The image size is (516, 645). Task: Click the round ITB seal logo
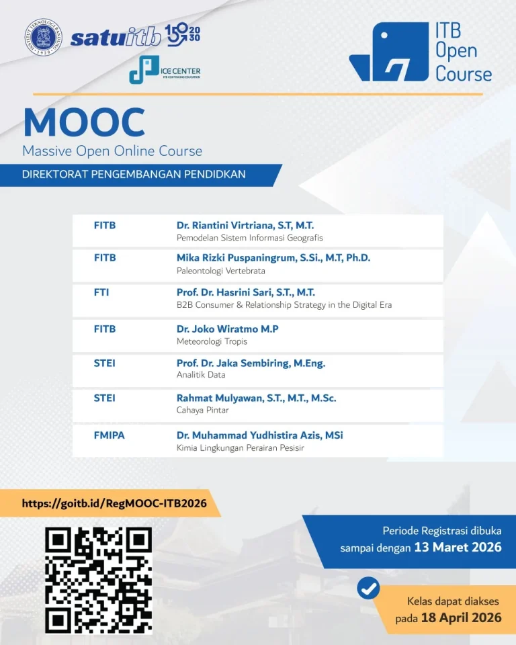pos(43,37)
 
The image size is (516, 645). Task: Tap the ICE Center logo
pos(165,69)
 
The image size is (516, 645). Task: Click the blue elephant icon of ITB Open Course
pos(389,52)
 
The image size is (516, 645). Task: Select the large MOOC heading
pos(85,122)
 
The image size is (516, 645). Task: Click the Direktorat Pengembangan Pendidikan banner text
pos(134,175)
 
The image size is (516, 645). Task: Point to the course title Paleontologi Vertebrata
pos(221,271)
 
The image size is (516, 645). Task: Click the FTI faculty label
pos(101,292)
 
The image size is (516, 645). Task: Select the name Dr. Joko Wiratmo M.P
pos(228,329)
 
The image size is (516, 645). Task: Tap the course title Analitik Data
pos(201,375)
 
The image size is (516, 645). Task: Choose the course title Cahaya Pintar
pos(202,410)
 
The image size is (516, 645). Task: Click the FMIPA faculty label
pos(109,435)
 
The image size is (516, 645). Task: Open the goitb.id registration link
pos(114,503)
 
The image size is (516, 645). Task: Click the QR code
pos(98,580)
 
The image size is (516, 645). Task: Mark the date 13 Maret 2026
pos(458,547)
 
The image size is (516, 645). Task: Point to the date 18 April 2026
pos(462,617)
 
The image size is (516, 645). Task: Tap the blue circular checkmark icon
pos(368,589)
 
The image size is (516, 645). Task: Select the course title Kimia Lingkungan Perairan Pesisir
pos(241,447)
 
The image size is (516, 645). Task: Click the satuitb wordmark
pos(116,38)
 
